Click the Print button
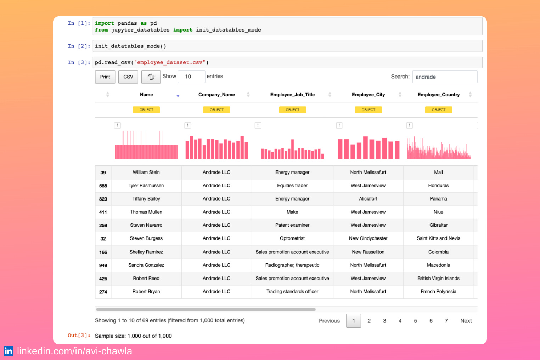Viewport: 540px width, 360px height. click(x=105, y=77)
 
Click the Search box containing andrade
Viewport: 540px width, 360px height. click(x=444, y=77)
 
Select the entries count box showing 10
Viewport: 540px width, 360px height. click(x=191, y=77)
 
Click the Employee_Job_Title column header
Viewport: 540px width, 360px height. click(x=292, y=95)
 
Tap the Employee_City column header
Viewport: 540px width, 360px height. click(x=368, y=95)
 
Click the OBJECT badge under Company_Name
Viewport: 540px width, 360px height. click(x=216, y=110)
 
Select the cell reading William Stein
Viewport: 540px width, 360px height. click(x=146, y=173)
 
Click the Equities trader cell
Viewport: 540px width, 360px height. click(x=292, y=186)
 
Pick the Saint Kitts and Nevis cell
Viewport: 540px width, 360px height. click(x=438, y=238)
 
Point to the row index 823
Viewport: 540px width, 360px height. click(x=103, y=199)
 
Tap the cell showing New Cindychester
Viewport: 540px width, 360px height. click(x=368, y=238)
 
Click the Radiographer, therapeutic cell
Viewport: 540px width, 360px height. click(x=292, y=265)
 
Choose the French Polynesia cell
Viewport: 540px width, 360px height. click(x=438, y=292)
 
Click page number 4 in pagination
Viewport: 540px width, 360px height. click(x=400, y=321)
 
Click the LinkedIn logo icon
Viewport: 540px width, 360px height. click(x=9, y=351)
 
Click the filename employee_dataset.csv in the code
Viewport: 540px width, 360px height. click(x=169, y=62)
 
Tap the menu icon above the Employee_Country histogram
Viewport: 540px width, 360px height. click(x=410, y=125)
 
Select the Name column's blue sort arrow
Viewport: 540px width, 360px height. click(x=178, y=96)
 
